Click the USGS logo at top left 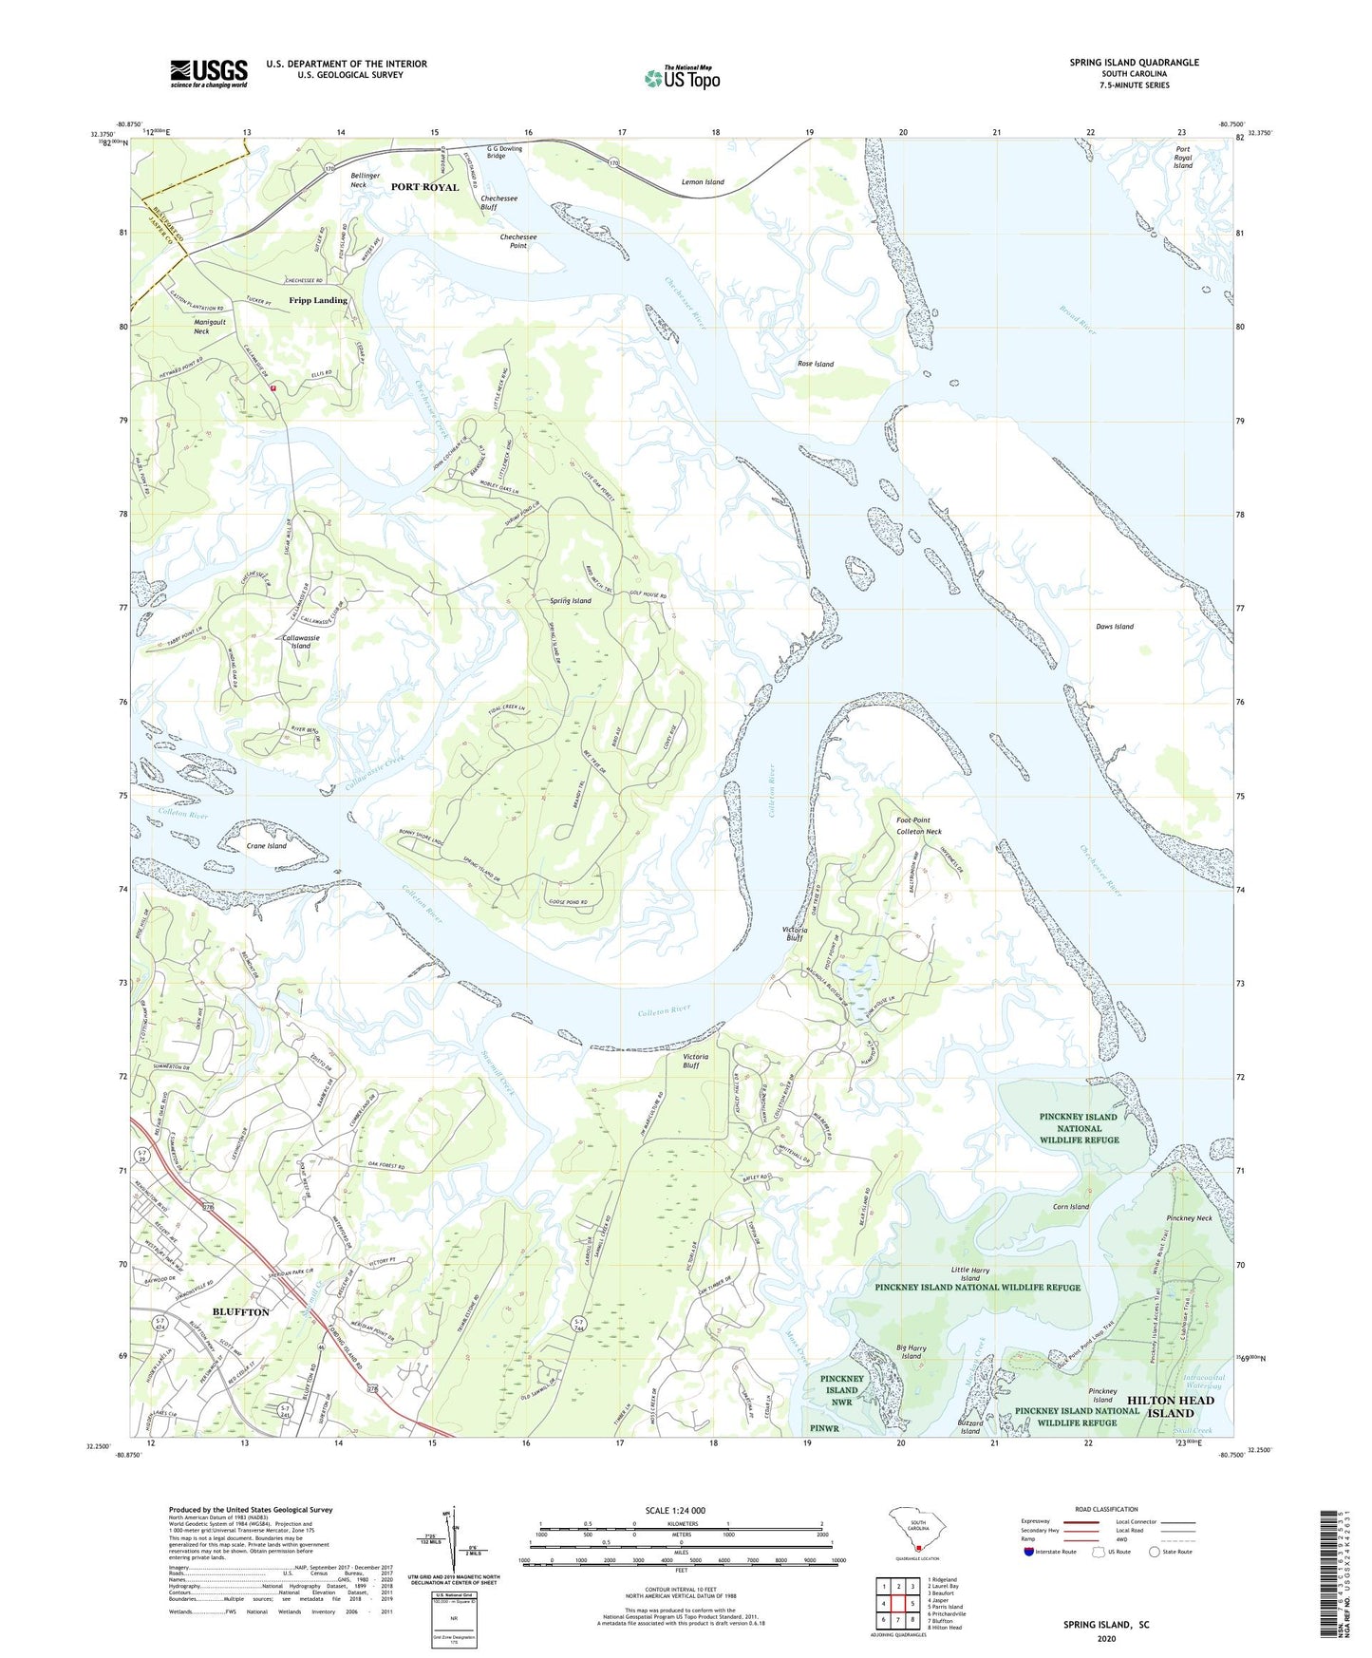tap(209, 72)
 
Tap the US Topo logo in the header tap(682, 77)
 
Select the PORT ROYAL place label tap(424, 187)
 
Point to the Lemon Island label tap(703, 182)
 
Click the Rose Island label tap(816, 364)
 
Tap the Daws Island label tap(1115, 627)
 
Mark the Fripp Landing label tap(318, 300)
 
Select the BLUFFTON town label tap(240, 1311)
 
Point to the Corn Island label tap(1071, 1207)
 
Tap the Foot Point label tap(913, 820)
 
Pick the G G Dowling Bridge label tap(504, 152)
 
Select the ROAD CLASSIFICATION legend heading tap(1106, 1509)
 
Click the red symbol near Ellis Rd tap(273, 387)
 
